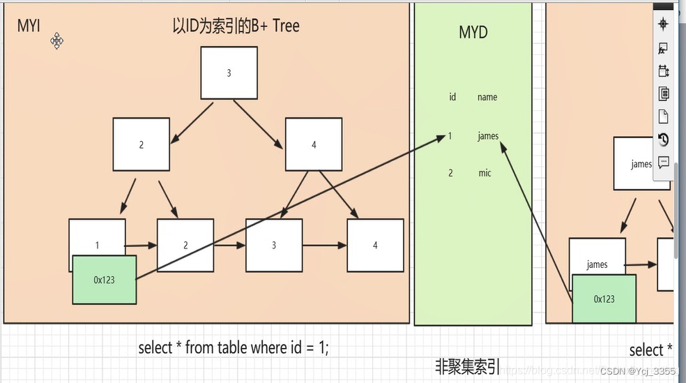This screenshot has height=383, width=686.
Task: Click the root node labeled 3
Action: tap(229, 73)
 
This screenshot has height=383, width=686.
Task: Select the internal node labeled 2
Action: tap(141, 144)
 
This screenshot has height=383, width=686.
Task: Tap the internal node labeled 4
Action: tap(314, 144)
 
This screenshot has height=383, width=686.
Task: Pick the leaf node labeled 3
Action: tap(274, 245)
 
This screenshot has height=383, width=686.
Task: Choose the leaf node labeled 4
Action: tap(375, 245)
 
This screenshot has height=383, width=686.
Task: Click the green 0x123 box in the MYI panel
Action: tap(104, 280)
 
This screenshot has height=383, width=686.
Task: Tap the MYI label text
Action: tap(29, 27)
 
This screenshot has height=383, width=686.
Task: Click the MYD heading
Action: tap(473, 32)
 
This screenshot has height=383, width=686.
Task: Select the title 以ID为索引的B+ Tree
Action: tap(236, 27)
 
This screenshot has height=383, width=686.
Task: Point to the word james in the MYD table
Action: tap(488, 136)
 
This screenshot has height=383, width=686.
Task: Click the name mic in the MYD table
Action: tap(485, 172)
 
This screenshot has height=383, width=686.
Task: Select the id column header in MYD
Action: tap(452, 97)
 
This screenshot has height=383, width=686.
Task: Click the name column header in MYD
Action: tap(487, 97)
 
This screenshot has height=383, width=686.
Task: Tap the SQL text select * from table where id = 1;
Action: tap(233, 347)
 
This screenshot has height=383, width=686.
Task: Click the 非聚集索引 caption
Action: tap(467, 366)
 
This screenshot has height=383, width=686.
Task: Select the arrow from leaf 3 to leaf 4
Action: tap(325, 246)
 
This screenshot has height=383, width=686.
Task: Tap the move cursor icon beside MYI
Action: tap(57, 41)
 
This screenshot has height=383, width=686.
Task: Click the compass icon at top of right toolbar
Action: tap(663, 24)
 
